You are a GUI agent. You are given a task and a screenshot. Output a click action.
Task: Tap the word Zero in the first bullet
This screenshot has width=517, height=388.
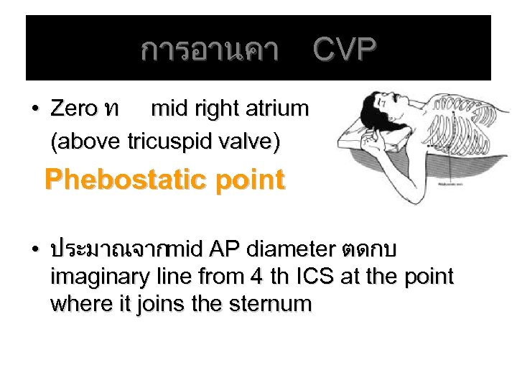point(73,109)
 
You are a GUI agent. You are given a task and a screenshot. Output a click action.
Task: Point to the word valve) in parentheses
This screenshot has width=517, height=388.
point(248,141)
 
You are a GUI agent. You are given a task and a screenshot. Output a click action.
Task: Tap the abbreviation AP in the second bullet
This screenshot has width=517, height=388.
point(224,249)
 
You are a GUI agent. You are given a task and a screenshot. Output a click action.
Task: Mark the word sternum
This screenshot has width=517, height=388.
point(271,304)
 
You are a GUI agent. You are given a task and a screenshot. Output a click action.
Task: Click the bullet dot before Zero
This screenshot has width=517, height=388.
point(34,110)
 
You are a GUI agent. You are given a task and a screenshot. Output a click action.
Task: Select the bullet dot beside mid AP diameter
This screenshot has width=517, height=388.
point(34,250)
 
